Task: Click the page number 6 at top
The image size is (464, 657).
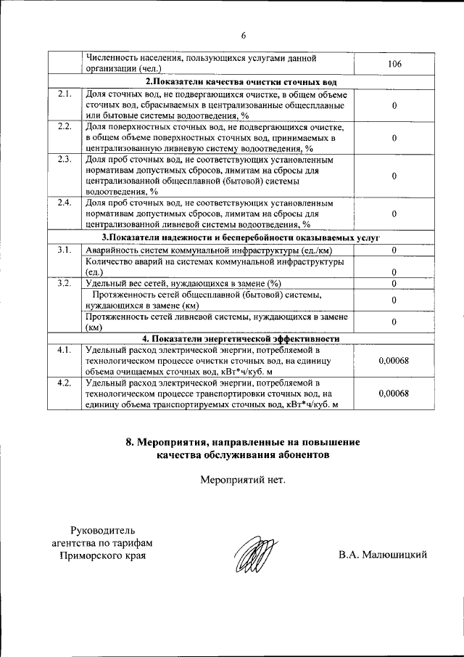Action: (244, 36)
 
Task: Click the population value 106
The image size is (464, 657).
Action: (394, 65)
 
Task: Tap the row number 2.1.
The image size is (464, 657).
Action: (64, 94)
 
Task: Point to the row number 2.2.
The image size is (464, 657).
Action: (64, 127)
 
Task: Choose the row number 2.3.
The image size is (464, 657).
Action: (64, 159)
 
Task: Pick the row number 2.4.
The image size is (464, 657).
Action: (64, 202)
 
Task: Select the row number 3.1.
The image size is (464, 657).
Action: (64, 250)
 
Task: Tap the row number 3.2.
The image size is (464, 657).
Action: (64, 282)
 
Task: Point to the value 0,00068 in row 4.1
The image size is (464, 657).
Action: (394, 361)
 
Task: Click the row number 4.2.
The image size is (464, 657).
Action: (64, 382)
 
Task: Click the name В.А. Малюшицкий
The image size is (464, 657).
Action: (382, 555)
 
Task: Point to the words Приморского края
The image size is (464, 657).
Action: (102, 555)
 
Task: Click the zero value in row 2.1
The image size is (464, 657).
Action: (394, 106)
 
